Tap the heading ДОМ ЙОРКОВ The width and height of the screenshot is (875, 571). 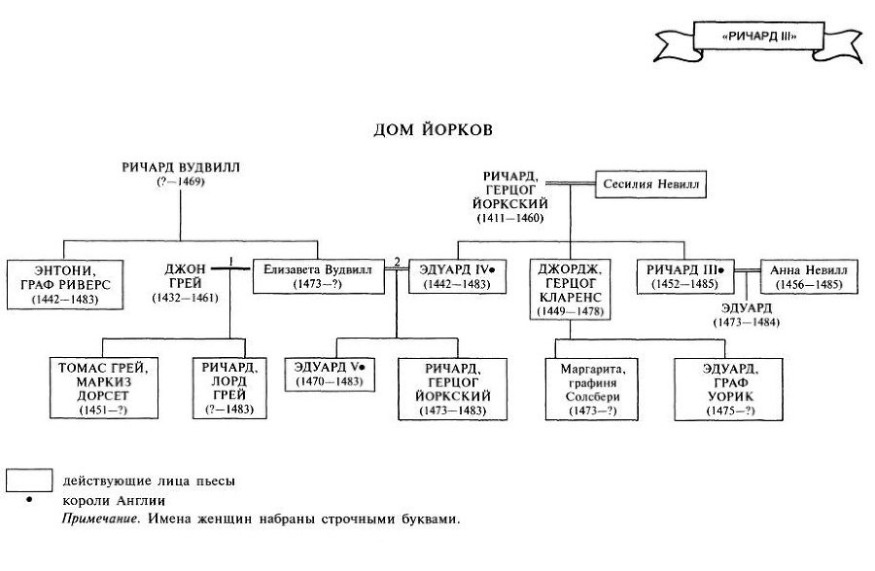coord(437,128)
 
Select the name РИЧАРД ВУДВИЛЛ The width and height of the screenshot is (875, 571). coord(181,167)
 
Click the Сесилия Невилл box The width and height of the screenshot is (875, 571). coord(650,183)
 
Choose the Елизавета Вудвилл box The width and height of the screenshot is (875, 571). coord(320,276)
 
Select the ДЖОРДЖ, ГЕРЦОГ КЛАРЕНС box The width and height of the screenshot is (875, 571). coord(571,289)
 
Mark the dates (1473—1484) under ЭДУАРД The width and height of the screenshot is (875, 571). coord(748,322)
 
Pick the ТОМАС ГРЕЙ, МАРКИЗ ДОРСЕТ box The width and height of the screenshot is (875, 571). coord(103,388)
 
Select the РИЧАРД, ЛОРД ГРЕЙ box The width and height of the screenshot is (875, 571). coord(229,388)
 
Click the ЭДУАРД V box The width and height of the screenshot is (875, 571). coord(330,374)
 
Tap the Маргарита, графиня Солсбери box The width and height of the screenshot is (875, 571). coord(592,388)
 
